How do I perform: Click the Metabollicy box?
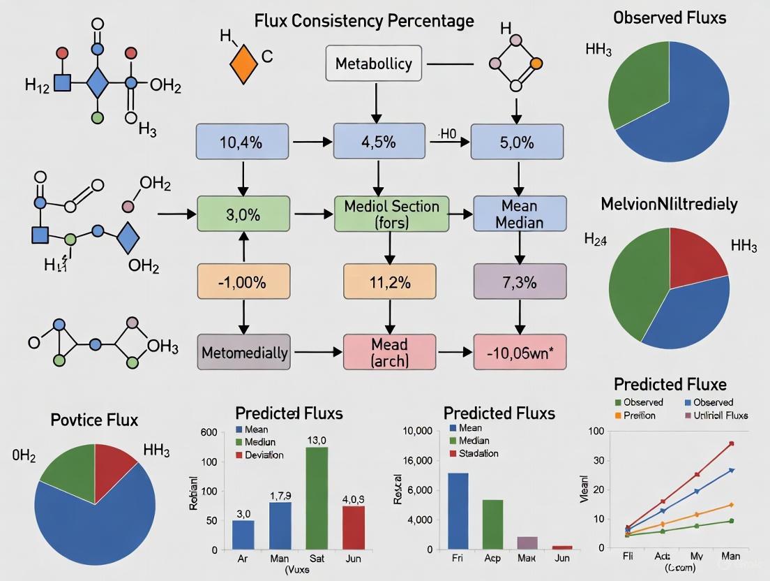tap(374, 64)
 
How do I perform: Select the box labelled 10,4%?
tap(242, 143)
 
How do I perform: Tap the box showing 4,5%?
tap(379, 143)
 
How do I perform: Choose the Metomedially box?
tap(244, 353)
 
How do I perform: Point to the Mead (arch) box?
tap(389, 352)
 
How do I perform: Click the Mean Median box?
tap(519, 214)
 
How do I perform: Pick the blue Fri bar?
tap(458, 511)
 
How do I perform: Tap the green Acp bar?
tap(492, 524)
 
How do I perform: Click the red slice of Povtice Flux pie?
tap(114, 462)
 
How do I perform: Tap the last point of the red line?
tap(732, 443)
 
